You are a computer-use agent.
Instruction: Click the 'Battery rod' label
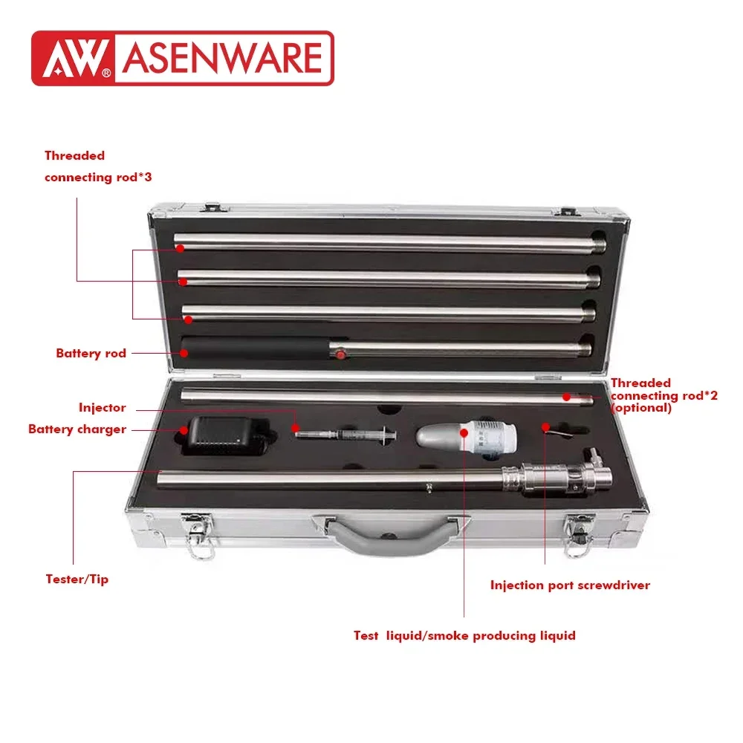(91, 353)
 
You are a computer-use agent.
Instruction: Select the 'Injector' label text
(103, 407)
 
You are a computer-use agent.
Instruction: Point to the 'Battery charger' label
(77, 429)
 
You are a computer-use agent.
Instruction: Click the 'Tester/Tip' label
(77, 579)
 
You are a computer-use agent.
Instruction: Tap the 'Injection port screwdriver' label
(570, 585)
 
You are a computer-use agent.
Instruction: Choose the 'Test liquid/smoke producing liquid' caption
(464, 635)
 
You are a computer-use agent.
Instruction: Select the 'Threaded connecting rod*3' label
(98, 166)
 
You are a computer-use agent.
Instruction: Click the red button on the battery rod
(340, 355)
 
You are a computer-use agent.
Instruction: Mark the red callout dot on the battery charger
(184, 429)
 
